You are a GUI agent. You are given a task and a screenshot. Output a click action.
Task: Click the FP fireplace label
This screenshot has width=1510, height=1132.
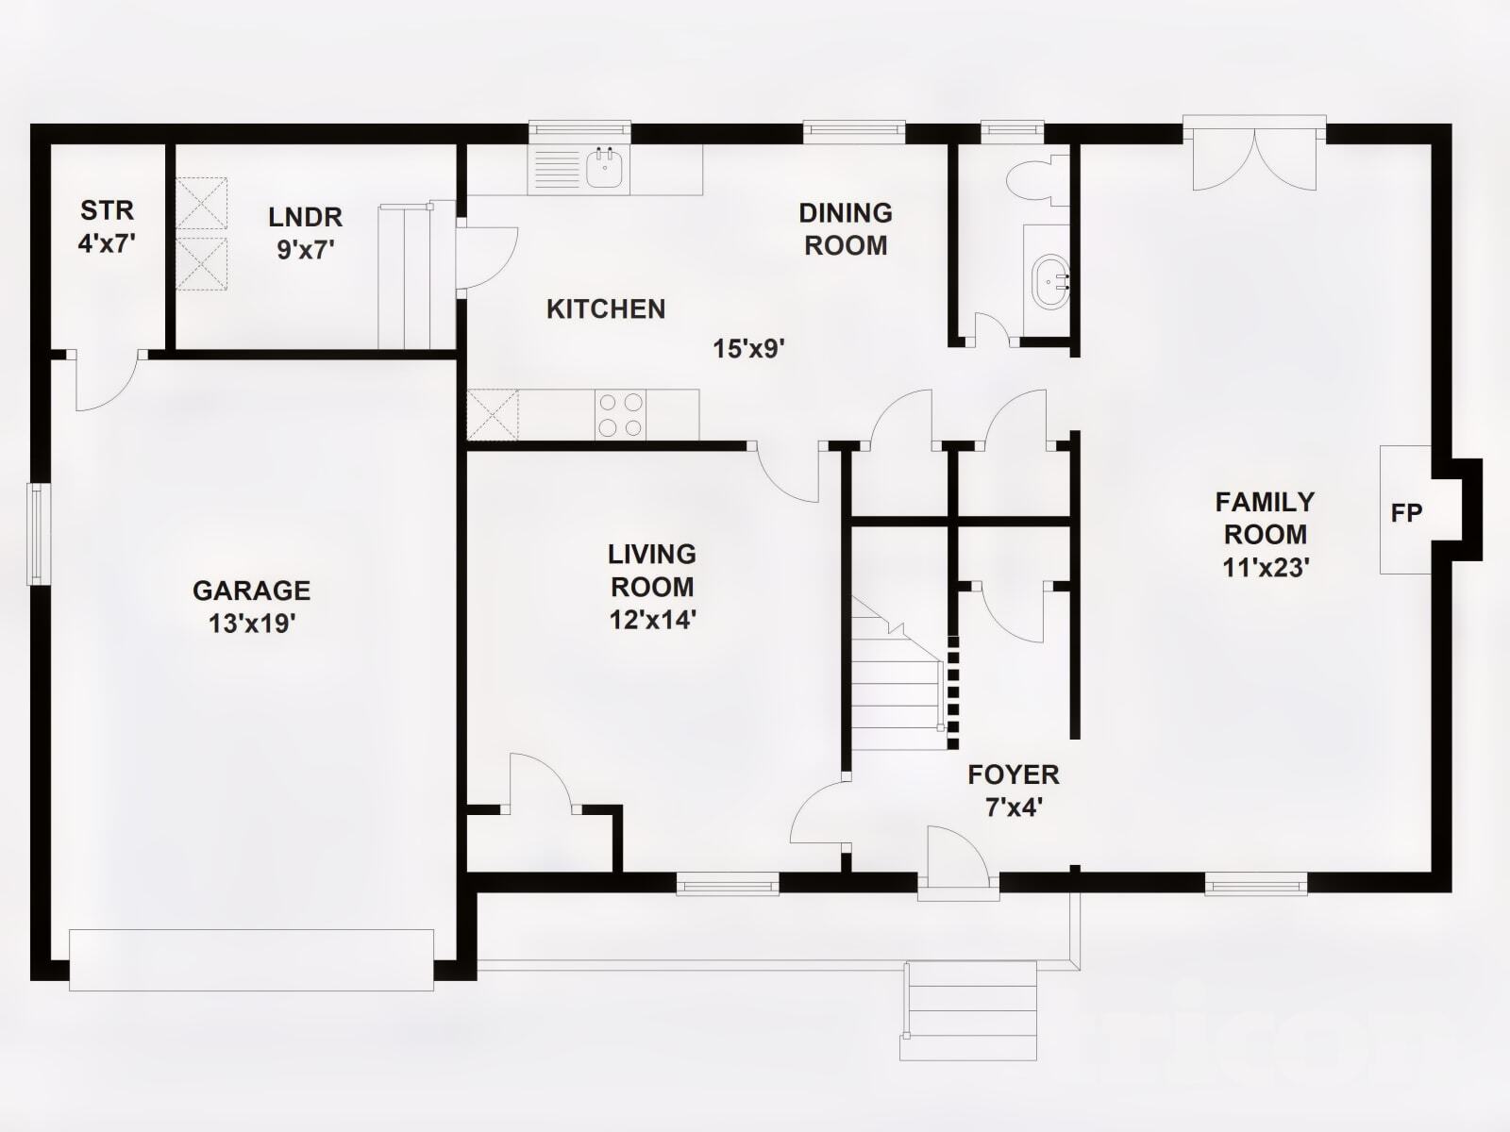(1406, 513)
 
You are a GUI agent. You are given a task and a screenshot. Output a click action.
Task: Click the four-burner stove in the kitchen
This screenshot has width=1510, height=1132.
(621, 414)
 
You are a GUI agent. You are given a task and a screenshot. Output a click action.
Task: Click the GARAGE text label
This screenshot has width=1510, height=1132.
(251, 591)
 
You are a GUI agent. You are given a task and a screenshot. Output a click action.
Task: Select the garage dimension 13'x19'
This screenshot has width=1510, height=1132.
(252, 624)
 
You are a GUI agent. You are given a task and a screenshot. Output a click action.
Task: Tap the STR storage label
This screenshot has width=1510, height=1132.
(107, 210)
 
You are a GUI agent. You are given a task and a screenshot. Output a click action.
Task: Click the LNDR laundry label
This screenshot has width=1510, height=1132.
(305, 217)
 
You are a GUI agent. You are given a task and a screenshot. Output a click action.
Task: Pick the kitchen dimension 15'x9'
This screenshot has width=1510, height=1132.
(748, 349)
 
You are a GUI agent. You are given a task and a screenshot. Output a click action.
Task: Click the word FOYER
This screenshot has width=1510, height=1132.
(1014, 775)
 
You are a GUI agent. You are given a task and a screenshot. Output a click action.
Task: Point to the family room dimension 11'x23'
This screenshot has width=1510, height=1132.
(1265, 568)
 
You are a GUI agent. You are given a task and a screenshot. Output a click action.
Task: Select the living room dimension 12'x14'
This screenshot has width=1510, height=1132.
(652, 620)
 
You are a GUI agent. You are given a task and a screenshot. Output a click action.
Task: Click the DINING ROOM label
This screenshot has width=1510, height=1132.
(846, 229)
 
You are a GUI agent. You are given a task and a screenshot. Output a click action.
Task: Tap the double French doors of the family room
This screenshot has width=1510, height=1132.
(1254, 156)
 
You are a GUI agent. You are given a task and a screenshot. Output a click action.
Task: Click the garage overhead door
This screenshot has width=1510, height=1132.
(251, 959)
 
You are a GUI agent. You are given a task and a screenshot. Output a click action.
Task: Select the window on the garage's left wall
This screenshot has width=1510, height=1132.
(39, 533)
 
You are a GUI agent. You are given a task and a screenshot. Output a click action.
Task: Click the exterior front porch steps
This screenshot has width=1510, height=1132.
(970, 1009)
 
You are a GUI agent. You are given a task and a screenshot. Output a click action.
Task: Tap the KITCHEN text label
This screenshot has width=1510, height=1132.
(606, 308)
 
